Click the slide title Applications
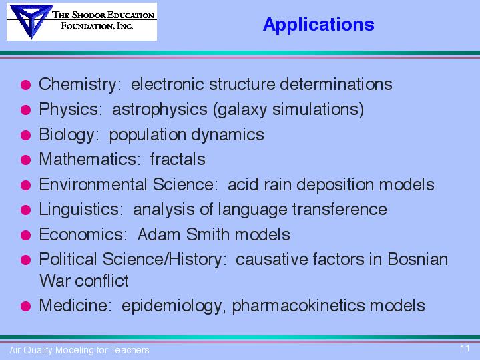(318, 25)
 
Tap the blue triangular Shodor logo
(31, 21)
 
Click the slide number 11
(465, 348)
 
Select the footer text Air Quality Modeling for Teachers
(79, 350)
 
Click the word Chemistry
(77, 85)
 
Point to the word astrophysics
(160, 110)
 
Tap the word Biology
(67, 135)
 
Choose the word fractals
(178, 159)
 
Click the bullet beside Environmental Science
(26, 185)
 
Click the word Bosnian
(418, 260)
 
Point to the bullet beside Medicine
(26, 306)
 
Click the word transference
(340, 210)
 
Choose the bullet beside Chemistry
(26, 85)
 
